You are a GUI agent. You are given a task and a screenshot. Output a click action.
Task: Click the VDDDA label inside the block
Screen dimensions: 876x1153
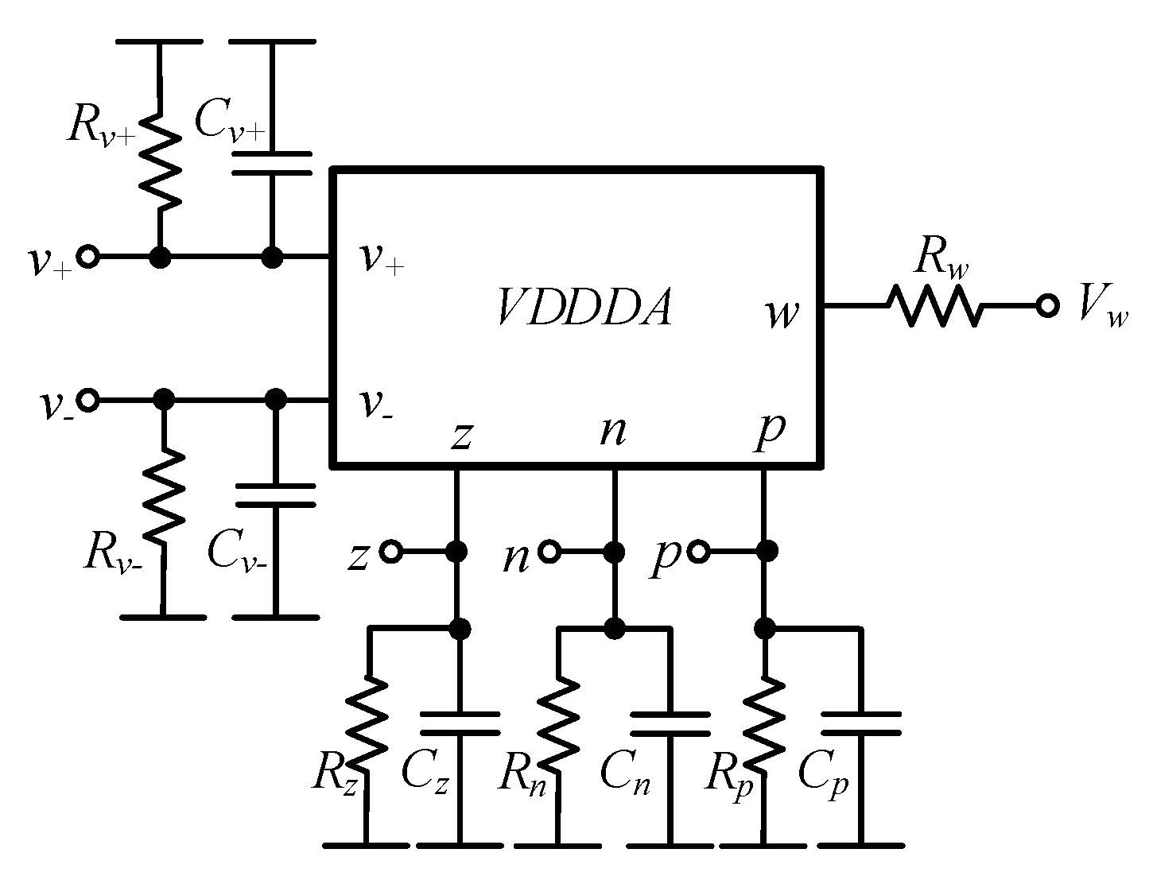click(x=584, y=308)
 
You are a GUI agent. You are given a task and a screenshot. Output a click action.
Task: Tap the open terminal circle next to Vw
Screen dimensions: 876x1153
click(x=1047, y=305)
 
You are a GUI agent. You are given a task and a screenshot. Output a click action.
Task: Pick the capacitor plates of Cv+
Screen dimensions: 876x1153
click(x=273, y=162)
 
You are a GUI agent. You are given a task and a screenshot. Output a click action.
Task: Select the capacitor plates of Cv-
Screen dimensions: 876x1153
click(x=275, y=494)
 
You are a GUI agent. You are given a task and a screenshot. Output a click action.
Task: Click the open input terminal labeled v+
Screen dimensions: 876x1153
click(x=88, y=258)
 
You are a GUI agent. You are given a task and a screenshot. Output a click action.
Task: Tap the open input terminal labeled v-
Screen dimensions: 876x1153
click(x=88, y=399)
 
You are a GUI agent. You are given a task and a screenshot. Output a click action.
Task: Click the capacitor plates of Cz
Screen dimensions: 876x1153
click(x=459, y=723)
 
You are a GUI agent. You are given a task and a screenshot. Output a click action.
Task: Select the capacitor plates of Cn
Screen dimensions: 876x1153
click(x=670, y=723)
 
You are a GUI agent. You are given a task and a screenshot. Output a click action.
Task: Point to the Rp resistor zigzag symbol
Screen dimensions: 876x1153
click(x=764, y=722)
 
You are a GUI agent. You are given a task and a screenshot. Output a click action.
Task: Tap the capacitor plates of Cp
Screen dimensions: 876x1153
click(x=860, y=723)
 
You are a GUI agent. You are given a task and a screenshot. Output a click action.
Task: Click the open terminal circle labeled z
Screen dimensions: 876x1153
click(x=390, y=551)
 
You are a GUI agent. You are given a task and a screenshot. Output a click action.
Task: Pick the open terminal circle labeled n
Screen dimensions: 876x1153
click(x=548, y=551)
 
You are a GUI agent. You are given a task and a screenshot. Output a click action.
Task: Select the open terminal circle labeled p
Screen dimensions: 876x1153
click(x=699, y=551)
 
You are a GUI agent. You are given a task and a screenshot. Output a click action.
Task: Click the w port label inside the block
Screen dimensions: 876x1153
click(x=782, y=313)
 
